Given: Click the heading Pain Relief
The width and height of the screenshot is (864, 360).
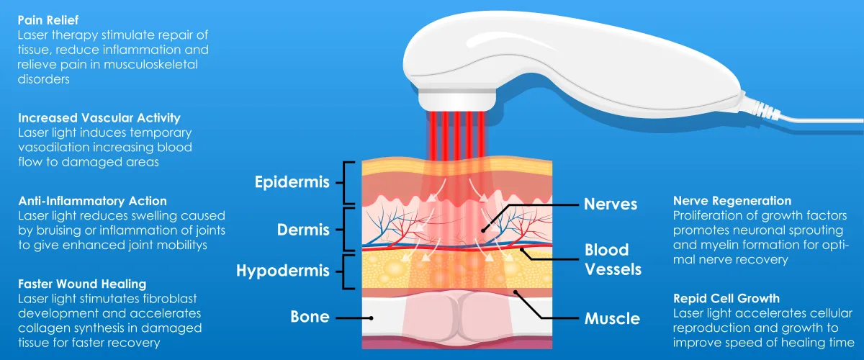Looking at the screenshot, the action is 48,20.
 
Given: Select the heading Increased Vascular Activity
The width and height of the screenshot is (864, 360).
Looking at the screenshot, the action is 99,117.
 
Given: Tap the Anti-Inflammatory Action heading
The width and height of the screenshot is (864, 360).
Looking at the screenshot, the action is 93,201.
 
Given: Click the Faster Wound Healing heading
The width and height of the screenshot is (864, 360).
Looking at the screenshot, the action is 82,284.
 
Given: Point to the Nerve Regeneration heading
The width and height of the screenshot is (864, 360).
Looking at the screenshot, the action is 732,201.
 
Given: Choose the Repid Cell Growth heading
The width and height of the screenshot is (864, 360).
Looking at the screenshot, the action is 726,298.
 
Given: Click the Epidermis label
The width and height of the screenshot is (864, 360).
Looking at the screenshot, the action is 292,182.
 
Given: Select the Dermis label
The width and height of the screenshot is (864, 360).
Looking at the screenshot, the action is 303,230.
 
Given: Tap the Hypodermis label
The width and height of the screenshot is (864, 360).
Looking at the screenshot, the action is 283,271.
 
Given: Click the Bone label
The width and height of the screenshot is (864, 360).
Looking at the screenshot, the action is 310,317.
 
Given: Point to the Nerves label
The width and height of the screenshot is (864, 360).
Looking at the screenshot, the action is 611,204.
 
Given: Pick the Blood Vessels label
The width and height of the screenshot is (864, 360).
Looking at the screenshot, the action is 613,260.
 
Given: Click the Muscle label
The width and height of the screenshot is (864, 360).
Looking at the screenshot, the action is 612,319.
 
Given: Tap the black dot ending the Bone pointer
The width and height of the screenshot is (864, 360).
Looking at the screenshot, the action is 371,318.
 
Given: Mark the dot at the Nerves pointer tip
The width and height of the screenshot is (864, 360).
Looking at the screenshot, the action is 483,230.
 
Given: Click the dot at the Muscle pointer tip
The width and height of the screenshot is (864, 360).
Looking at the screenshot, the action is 516,292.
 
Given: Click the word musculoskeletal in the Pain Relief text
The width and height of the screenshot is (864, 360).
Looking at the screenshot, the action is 150,64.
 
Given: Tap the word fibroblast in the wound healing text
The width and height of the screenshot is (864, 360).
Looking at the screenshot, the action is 170,299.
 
